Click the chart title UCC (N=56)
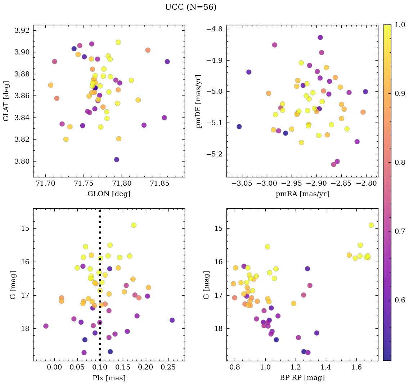(x=190, y=7)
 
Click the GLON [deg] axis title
(x=109, y=194)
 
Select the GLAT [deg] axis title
(x=6, y=101)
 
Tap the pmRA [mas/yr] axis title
(x=302, y=194)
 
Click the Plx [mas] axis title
(x=109, y=378)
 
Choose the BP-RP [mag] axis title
(x=302, y=378)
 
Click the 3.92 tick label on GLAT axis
(x=22, y=30)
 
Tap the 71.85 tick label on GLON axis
(x=159, y=183)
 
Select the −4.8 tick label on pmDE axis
(x=214, y=29)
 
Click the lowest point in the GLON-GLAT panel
(x=116, y=159)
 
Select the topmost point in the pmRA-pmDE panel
(x=320, y=37)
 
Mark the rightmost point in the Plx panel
(x=172, y=320)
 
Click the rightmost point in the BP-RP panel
(x=371, y=225)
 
